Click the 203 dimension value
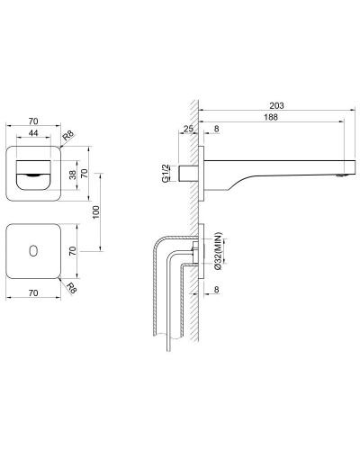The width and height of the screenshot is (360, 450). (x=276, y=105)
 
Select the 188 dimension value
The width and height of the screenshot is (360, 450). (x=271, y=117)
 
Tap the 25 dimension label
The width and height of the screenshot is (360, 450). (x=188, y=129)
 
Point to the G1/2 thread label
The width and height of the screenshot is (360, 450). (x=166, y=174)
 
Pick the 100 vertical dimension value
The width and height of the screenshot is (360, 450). (x=96, y=212)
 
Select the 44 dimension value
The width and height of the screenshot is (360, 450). (x=33, y=132)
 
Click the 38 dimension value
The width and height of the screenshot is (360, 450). (x=73, y=175)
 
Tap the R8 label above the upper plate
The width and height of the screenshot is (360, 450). (x=68, y=136)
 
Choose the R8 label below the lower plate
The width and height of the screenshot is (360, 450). (x=71, y=288)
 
